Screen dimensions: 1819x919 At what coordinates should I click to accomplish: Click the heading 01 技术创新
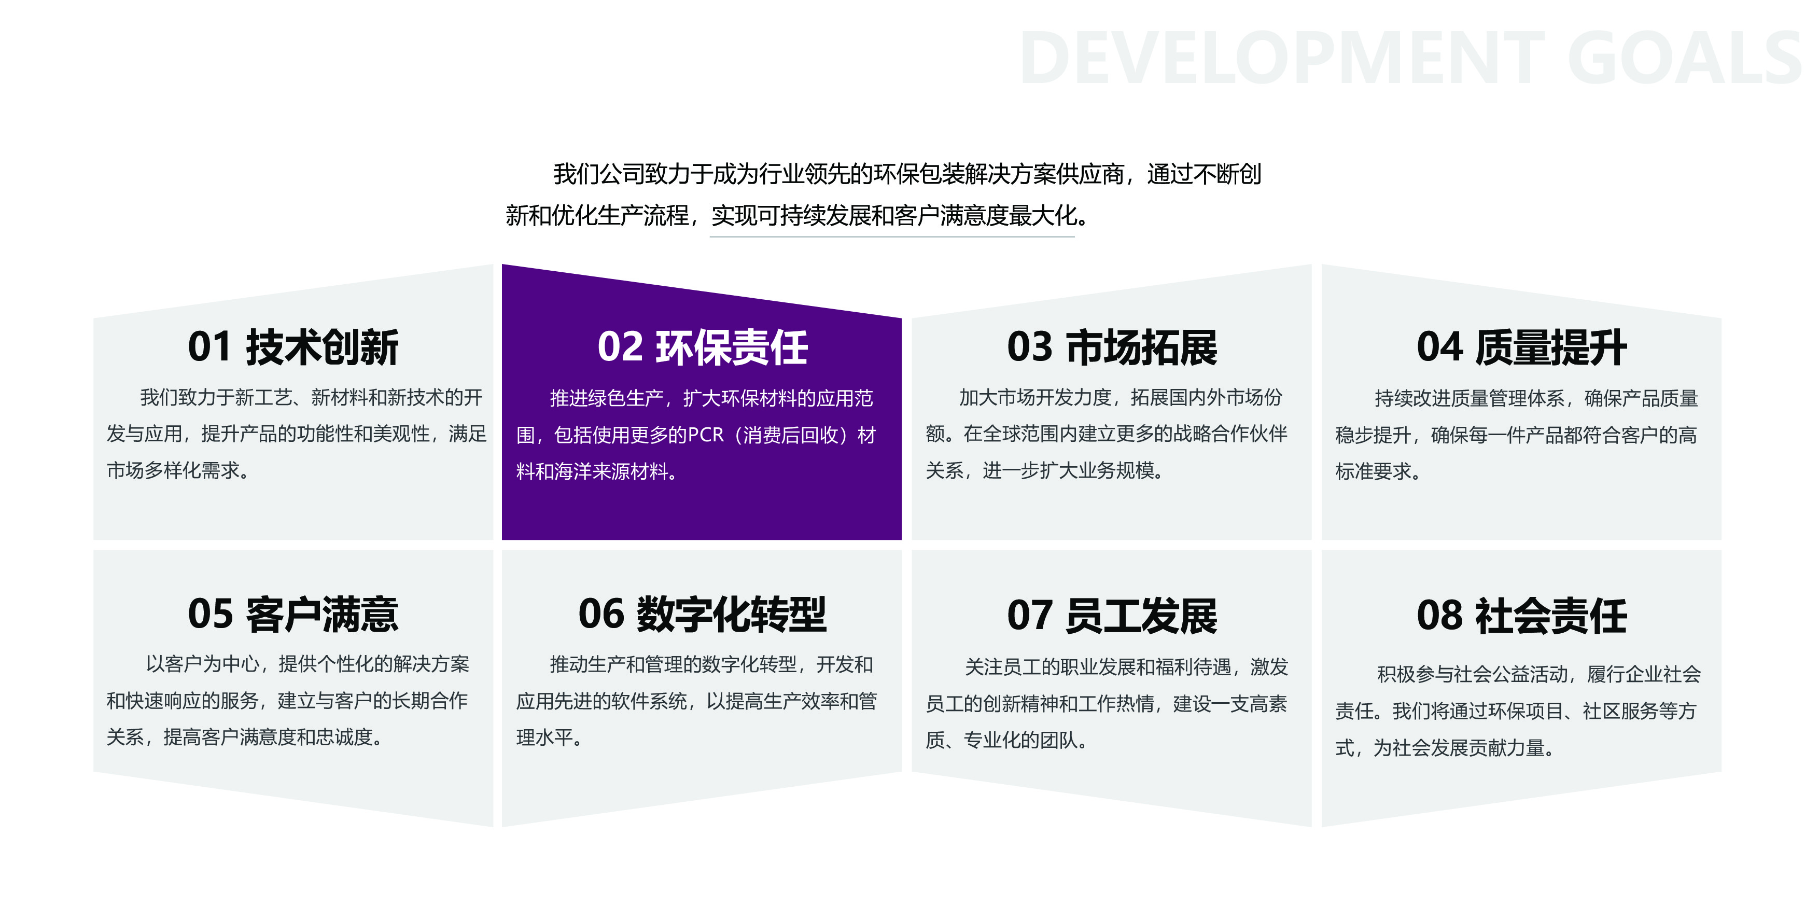coord(293,347)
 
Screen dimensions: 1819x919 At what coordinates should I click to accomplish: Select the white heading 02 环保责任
coord(703,347)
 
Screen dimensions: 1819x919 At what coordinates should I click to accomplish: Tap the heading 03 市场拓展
coord(1112,347)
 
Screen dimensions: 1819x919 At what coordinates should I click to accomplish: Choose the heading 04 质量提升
coord(1522,347)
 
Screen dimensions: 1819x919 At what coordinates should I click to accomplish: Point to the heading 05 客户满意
coord(293,614)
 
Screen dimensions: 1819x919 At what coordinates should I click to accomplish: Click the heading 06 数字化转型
coord(703,614)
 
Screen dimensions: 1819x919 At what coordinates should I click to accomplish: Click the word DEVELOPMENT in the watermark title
coord(1282,58)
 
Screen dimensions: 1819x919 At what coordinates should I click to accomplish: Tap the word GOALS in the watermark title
coord(1685,58)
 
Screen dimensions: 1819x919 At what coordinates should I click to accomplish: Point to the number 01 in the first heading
coord(209,347)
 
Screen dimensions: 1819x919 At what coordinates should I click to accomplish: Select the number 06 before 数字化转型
coord(601,614)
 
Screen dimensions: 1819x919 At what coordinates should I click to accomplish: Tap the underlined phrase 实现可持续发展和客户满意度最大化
coord(894,215)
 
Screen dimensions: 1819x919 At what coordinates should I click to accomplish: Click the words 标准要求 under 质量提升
coord(1373,471)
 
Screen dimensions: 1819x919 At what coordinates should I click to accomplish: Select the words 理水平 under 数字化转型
coord(544,737)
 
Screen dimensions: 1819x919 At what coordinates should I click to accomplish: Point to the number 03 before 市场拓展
coord(1030,347)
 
